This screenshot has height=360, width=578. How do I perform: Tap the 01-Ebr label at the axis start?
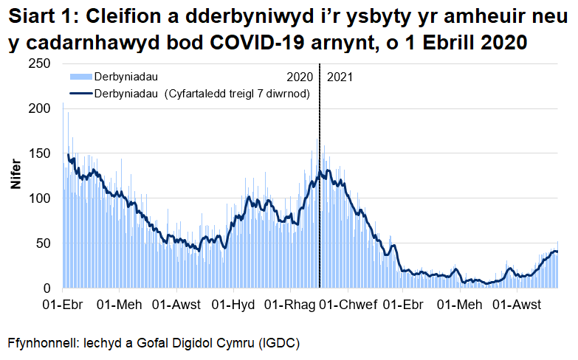point(62,305)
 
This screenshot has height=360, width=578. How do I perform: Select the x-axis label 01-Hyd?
point(233,305)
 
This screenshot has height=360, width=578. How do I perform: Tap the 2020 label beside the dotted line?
point(299,77)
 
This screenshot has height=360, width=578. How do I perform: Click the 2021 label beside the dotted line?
point(339,77)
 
